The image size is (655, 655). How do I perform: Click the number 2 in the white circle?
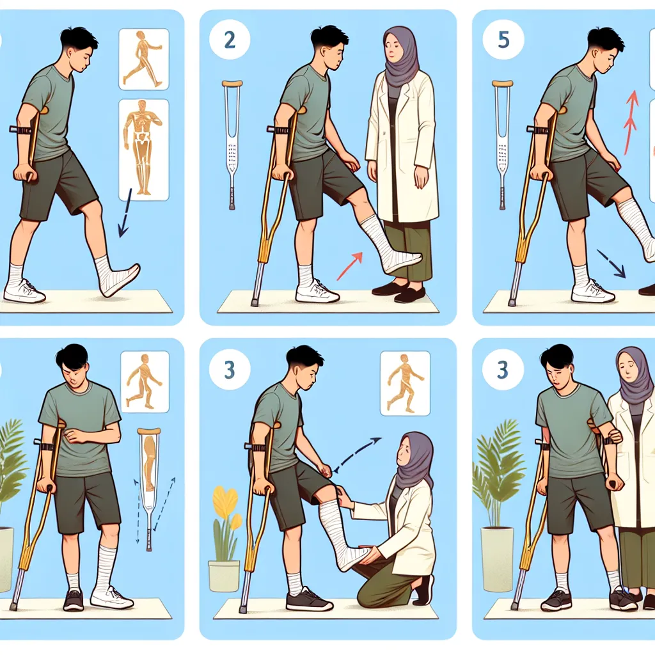[230, 40]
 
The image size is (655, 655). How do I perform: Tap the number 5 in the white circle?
[503, 40]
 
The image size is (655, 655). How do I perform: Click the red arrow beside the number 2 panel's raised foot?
[349, 266]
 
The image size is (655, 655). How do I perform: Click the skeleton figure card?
[144, 150]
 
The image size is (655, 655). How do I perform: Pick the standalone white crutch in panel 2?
[232, 144]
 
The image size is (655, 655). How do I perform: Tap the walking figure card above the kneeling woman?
[405, 384]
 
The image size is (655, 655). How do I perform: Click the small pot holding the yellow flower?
[224, 576]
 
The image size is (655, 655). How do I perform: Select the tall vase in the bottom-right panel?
[496, 559]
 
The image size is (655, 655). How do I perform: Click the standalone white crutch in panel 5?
[503, 144]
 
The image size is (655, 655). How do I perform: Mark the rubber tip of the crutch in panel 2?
[255, 302]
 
